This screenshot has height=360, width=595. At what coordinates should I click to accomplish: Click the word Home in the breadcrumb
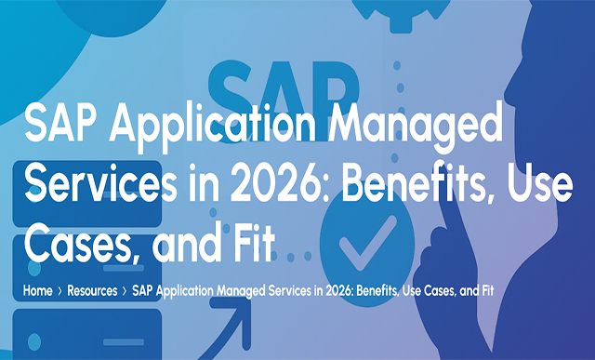tap(37, 291)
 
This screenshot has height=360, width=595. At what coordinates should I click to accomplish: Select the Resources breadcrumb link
tap(92, 291)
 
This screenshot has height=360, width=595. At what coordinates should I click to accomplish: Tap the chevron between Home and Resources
tap(59, 291)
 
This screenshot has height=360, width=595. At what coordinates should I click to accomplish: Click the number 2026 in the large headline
tap(282, 182)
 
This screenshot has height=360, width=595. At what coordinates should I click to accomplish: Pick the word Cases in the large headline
tap(83, 243)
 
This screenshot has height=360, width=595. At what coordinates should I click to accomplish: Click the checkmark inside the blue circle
tap(368, 242)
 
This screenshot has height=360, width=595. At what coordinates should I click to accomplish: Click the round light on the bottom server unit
tap(34, 341)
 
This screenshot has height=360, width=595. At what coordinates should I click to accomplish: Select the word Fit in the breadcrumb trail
tap(488, 291)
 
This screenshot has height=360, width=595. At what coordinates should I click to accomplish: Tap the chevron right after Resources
tap(125, 291)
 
